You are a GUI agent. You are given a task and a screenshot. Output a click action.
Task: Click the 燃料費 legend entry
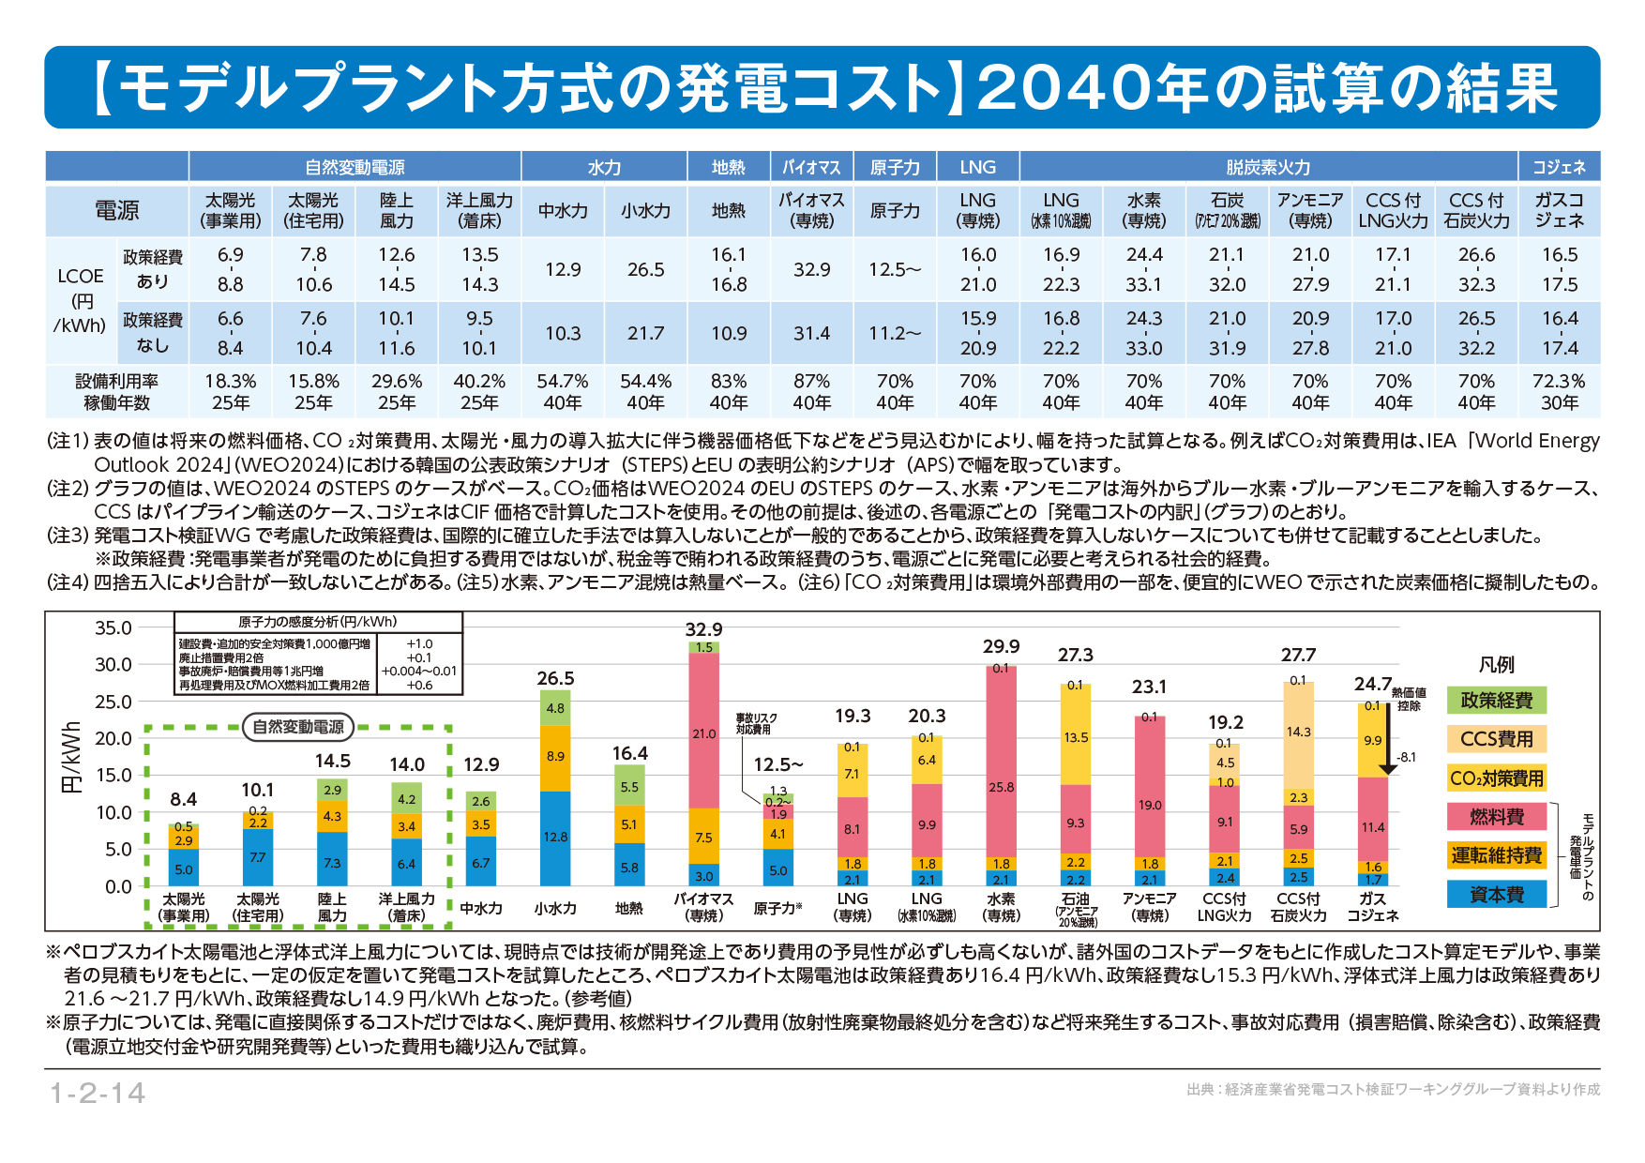(1496, 817)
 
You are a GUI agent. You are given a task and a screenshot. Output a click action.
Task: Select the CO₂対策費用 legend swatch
(1496, 778)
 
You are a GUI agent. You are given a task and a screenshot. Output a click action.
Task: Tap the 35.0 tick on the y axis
(113, 628)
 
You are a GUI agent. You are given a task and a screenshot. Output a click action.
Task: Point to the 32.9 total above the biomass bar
(703, 629)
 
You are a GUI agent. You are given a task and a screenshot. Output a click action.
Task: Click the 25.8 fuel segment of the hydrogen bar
(1001, 787)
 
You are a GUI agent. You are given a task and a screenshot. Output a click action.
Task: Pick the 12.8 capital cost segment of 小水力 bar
(555, 837)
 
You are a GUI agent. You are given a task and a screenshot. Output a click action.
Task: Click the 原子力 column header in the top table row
(895, 167)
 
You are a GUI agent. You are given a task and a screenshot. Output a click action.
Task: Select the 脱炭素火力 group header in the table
(1268, 167)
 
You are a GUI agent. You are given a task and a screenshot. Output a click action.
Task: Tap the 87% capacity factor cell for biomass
(811, 382)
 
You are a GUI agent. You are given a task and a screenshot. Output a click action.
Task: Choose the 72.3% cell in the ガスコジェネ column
(1559, 382)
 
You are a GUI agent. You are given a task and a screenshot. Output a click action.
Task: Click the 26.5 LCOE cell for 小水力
(645, 270)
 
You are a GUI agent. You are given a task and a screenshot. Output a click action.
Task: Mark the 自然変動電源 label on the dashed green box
(298, 727)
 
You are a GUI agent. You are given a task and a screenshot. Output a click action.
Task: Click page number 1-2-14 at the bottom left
(98, 1093)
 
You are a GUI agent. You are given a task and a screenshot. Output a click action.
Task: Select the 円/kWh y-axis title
(71, 757)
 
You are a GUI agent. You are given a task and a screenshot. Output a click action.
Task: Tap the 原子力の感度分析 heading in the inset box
(317, 622)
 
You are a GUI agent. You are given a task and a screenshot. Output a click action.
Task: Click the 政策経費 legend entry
(1496, 701)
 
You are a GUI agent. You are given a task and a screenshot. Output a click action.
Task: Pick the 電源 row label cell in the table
(116, 211)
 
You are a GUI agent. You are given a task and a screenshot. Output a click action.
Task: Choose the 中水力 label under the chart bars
(481, 908)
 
